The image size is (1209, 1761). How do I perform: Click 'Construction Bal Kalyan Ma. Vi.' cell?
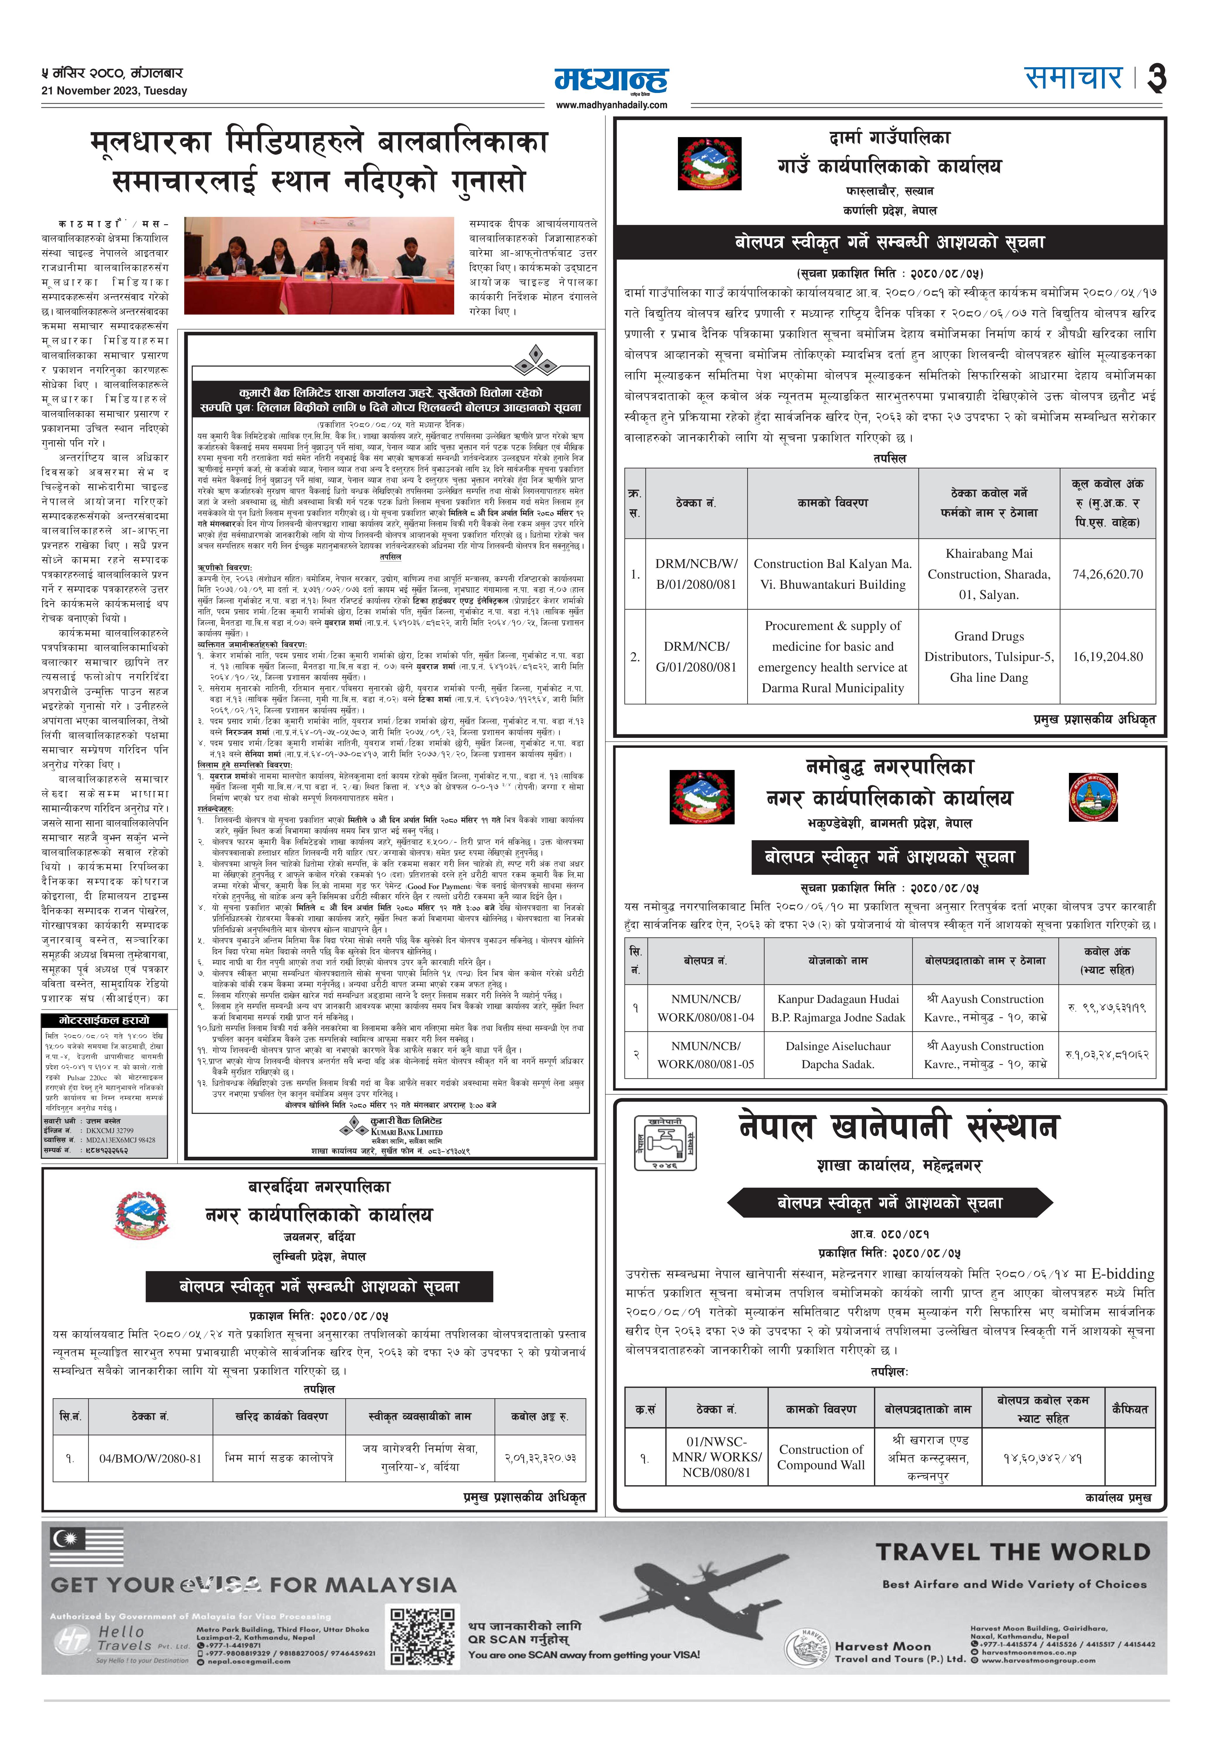pos(832,574)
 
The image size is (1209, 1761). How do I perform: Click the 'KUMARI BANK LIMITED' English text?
pos(406,1132)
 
